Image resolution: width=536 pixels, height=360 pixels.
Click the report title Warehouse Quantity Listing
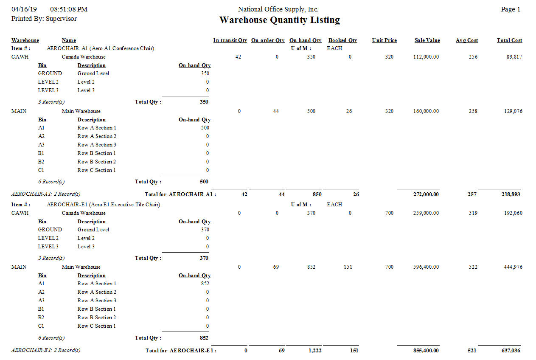click(279, 20)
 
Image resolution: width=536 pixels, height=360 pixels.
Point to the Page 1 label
click(511, 9)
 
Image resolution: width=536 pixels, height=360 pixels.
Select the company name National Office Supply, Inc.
click(278, 9)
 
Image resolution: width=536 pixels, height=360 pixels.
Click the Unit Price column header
click(384, 40)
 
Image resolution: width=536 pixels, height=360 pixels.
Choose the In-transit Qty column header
click(230, 40)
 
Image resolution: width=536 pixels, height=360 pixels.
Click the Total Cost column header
click(509, 40)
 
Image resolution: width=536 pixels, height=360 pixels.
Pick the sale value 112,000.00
click(426, 57)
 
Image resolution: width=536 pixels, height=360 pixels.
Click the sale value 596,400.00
click(426, 267)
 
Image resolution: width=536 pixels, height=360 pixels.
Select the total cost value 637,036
click(511, 351)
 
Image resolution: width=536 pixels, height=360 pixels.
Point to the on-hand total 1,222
click(314, 351)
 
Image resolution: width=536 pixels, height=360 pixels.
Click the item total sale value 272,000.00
click(426, 194)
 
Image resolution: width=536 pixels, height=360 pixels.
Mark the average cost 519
click(473, 213)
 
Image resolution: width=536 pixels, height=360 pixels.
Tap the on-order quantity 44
click(276, 111)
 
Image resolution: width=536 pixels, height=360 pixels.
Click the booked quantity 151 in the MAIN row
click(348, 267)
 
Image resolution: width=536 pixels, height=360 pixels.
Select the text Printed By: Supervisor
click(44, 19)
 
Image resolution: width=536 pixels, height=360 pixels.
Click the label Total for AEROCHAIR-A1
click(180, 194)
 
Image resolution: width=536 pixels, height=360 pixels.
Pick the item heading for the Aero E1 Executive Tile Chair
click(103, 205)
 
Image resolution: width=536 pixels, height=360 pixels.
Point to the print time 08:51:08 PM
click(68, 9)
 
